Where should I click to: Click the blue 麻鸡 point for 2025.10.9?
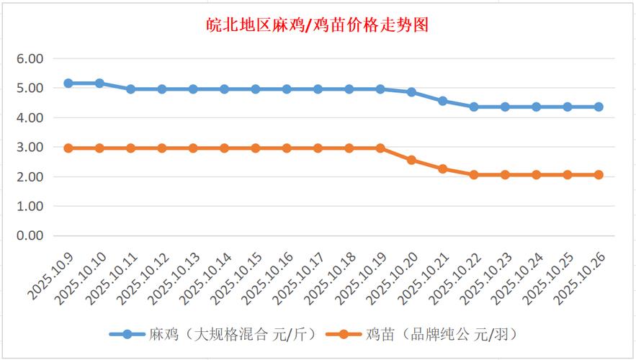click(x=68, y=84)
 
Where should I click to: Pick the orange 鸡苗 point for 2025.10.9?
click(x=68, y=148)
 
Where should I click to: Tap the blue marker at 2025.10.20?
click(x=411, y=92)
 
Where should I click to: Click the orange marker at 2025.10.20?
click(x=411, y=160)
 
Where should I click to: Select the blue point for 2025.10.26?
click(x=599, y=107)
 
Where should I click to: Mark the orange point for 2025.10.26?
click(x=599, y=175)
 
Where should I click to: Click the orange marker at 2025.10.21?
click(x=442, y=168)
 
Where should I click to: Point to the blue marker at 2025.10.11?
click(x=130, y=89)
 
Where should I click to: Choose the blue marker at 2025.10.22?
click(x=474, y=107)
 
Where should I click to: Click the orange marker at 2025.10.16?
click(x=287, y=148)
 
